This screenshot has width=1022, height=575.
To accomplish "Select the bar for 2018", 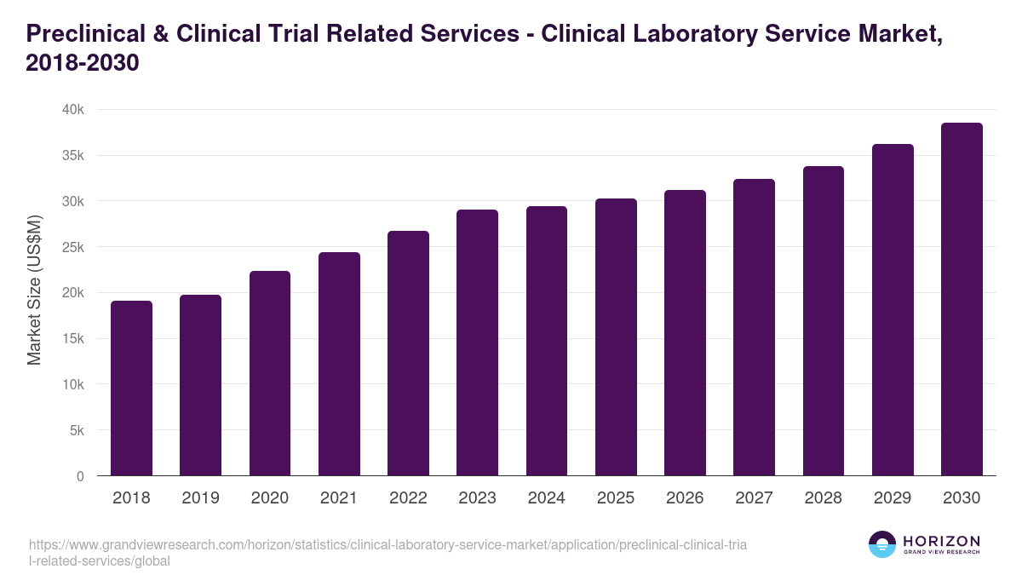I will [x=131, y=388].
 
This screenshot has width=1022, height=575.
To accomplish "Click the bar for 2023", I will [x=477, y=342].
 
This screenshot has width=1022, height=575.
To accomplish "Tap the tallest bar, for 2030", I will [x=962, y=299].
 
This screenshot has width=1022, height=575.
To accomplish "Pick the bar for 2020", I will [x=270, y=373].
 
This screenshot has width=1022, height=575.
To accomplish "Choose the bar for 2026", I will [x=685, y=333].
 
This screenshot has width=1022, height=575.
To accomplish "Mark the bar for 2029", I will [x=893, y=310].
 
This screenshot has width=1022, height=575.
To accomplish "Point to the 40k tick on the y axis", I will [x=74, y=110].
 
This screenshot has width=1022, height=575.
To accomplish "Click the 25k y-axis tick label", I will [x=74, y=247].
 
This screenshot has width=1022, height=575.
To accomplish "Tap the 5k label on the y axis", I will [x=77, y=430].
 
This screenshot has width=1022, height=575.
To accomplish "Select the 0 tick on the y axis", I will [x=80, y=476].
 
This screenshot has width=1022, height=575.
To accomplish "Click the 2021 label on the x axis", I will [x=339, y=498].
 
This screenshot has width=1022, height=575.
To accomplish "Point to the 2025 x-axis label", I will [x=616, y=498].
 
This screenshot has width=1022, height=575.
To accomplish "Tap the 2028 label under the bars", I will [x=824, y=498].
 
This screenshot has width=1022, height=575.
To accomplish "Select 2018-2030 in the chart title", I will [x=82, y=63].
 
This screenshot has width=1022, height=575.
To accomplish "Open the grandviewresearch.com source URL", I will [x=388, y=553].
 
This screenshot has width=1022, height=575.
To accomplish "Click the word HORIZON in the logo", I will [x=942, y=541].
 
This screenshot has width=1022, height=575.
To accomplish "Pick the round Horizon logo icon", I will [x=882, y=545].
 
